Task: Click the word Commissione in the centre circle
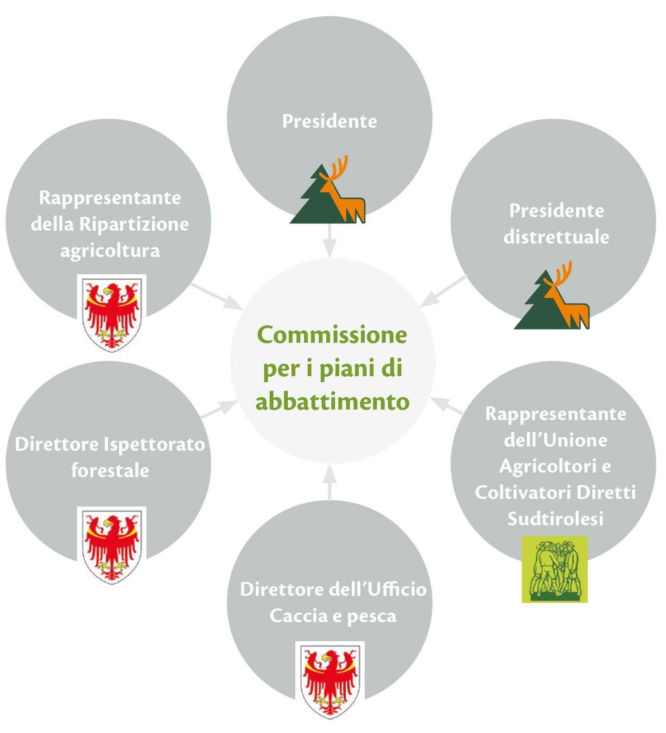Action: tap(332, 335)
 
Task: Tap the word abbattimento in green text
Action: tap(332, 401)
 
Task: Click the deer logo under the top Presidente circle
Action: tap(328, 190)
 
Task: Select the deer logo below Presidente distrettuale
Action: tap(552, 295)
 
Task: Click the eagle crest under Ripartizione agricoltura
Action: tap(112, 313)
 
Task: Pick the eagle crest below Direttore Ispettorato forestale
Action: tap(112, 545)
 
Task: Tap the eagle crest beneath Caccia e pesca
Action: tap(330, 680)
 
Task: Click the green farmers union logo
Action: tap(555, 569)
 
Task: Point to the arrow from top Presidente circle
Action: tap(330, 241)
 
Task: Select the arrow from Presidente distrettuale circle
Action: tap(444, 291)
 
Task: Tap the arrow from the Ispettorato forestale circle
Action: tap(219, 409)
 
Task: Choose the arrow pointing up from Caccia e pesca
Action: tap(330, 482)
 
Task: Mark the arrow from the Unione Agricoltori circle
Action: tap(446, 405)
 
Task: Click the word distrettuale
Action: tap(556, 237)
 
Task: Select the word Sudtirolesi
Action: tap(555, 518)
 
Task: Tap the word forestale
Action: tap(110, 470)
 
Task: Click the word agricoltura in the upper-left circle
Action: tap(110, 251)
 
